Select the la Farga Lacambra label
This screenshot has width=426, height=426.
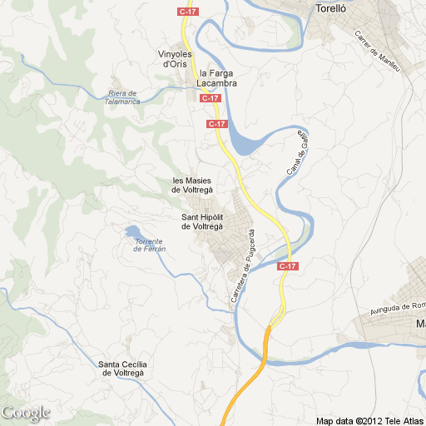218,78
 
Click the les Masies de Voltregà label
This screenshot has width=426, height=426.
197,186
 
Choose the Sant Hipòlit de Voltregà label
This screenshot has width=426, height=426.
203,222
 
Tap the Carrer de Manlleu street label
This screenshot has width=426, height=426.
377,51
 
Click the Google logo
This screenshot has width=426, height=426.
26,413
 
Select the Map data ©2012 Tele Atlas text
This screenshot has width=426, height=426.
369,419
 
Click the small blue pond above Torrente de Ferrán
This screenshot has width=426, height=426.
133,233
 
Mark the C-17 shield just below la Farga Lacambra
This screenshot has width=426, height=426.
211,98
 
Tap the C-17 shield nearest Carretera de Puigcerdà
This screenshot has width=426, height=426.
287,266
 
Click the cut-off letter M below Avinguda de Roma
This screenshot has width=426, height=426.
421,324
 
